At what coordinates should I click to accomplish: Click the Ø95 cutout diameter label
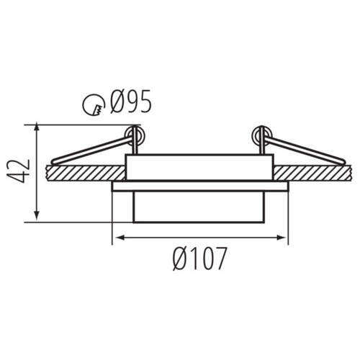pyautogui.click(x=131, y=102)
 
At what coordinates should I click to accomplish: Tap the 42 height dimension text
pyautogui.click(x=18, y=171)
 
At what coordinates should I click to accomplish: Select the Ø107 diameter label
pyautogui.click(x=199, y=258)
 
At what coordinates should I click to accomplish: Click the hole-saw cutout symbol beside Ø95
pyautogui.click(x=94, y=104)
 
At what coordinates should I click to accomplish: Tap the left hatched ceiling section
pyautogui.click(x=86, y=173)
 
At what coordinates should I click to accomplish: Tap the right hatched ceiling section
pyautogui.click(x=313, y=173)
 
